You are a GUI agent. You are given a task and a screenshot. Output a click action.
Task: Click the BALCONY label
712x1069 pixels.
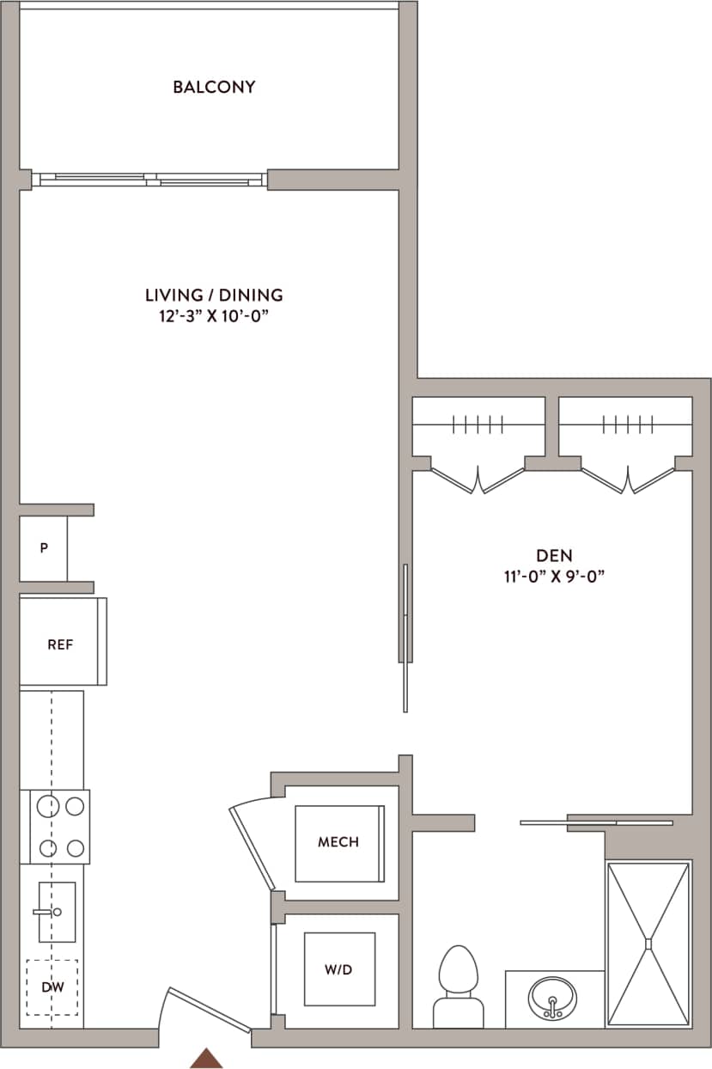[x=214, y=87]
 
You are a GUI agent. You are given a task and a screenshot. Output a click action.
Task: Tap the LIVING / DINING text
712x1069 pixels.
[x=214, y=295]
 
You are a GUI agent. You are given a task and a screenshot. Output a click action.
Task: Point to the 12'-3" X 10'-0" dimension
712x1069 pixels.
[x=214, y=315]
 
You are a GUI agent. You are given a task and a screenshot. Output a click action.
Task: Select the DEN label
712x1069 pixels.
[x=555, y=555]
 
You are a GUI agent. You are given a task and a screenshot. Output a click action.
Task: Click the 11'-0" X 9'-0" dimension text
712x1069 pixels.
[x=555, y=577]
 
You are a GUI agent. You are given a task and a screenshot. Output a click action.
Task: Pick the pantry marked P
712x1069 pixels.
[x=43, y=548]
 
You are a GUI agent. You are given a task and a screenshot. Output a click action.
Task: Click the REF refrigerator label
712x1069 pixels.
[x=60, y=644]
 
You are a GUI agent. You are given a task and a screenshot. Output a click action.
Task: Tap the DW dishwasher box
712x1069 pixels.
[x=52, y=987]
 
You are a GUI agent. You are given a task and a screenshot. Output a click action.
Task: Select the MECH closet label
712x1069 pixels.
[x=338, y=842]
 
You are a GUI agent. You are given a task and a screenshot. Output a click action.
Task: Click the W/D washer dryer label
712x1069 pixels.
[x=338, y=969]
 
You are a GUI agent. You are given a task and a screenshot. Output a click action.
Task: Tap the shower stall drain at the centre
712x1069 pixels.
[x=649, y=944]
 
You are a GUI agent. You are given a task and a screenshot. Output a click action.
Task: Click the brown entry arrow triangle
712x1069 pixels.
[x=206, y=1058]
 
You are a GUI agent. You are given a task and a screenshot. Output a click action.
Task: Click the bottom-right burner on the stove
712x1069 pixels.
[x=76, y=849]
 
